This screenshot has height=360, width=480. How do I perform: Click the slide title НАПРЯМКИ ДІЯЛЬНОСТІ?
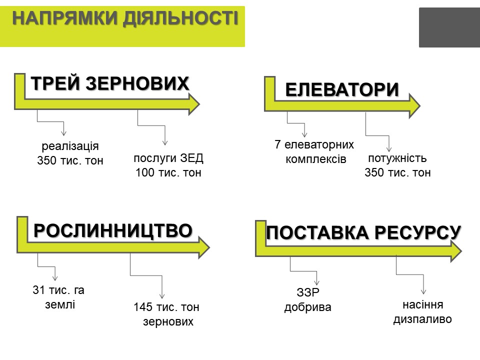(125, 18)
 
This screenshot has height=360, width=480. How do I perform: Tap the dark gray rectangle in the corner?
(449, 27)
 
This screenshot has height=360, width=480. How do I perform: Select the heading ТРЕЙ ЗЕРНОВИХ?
(110, 83)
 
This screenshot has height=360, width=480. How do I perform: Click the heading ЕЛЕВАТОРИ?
(342, 89)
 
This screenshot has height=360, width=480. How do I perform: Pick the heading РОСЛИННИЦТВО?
(113, 230)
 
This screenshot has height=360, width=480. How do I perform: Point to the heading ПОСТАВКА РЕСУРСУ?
(363, 232)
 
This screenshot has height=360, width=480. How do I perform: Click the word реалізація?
(70, 146)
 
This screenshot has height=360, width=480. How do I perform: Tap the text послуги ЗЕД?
(168, 158)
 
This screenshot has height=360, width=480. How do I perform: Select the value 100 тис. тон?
(168, 172)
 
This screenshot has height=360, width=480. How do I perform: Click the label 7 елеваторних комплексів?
(314, 152)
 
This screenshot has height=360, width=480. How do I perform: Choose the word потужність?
(397, 158)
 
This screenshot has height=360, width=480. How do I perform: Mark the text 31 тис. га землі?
(58, 297)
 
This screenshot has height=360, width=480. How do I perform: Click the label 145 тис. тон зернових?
(166, 314)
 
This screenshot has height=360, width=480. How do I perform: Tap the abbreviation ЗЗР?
(308, 292)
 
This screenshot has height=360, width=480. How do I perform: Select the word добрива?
(307, 307)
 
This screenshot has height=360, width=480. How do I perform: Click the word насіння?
(423, 304)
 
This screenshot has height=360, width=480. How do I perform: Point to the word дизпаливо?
(422, 319)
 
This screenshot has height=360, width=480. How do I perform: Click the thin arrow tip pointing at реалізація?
(63, 135)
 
